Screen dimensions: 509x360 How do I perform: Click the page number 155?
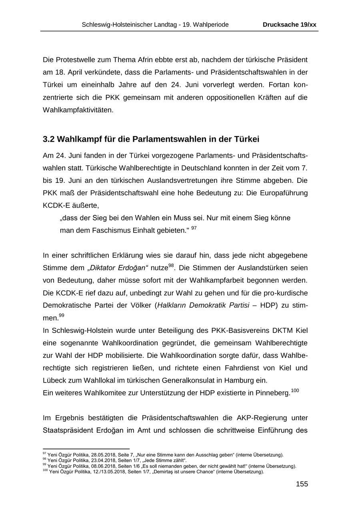302,484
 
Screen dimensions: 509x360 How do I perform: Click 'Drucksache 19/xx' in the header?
289,25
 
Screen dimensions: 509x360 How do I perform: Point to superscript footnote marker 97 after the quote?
194,228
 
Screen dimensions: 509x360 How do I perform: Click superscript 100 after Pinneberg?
295,391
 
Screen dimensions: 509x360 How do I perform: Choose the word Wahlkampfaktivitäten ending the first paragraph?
78,110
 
